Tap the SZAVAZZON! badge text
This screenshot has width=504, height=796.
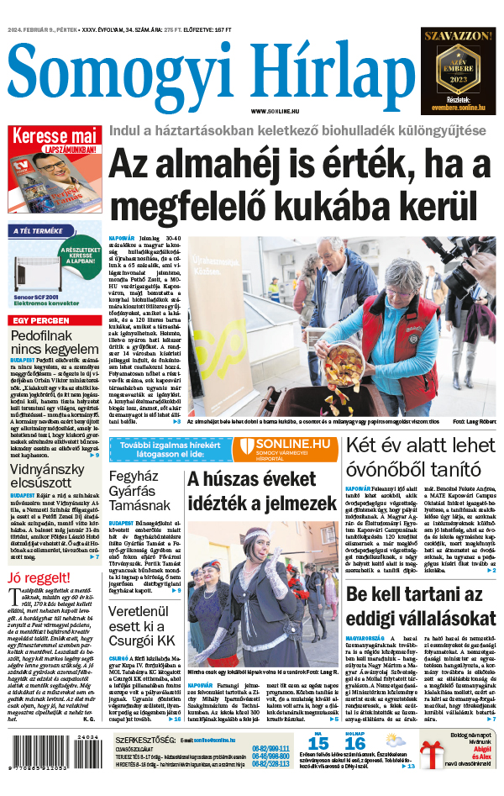[457, 36]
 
